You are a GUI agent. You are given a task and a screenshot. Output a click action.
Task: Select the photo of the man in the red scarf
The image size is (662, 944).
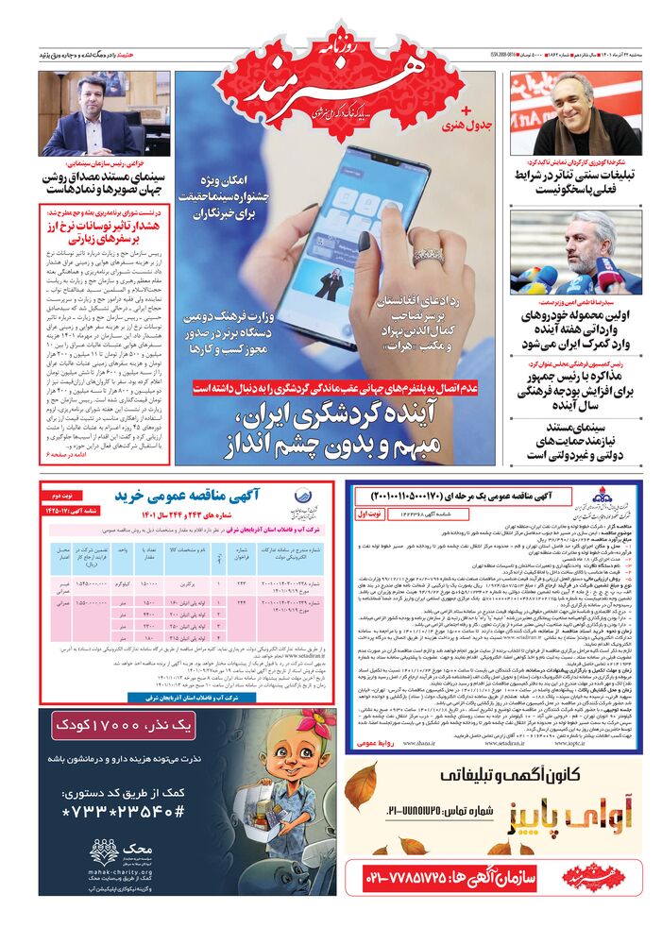(575, 113)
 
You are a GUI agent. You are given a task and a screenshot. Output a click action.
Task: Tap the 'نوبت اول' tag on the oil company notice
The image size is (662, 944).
(372, 514)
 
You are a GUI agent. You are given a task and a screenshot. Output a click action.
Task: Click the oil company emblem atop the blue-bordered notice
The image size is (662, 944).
(599, 499)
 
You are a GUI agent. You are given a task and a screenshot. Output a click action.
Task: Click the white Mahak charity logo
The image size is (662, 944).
(104, 851)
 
